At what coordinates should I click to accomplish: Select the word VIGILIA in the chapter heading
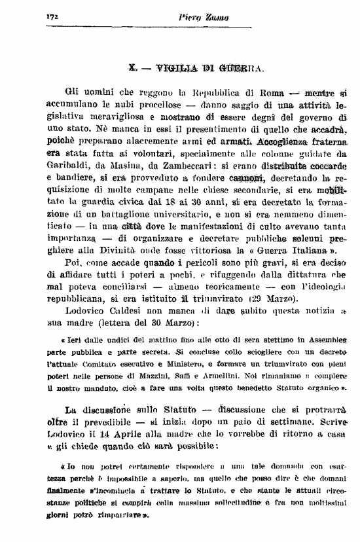click(173, 67)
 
